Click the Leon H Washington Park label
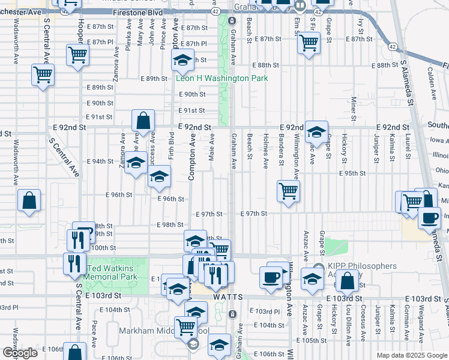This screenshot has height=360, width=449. click(221, 79)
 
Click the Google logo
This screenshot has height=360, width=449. click(20, 353)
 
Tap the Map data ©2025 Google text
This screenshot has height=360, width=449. click(412, 355)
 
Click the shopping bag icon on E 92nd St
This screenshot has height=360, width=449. click(143, 121)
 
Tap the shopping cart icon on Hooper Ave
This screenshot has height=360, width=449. click(78, 55)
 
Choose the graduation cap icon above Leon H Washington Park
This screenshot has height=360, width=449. click(182, 60)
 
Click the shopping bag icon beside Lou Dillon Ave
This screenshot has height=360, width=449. click(348, 280)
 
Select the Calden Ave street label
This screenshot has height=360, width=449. click(431, 82)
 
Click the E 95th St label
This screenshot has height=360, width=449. click(354, 173)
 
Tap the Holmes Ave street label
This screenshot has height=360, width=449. click(265, 152)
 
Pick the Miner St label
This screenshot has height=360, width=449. click(354, 108)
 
